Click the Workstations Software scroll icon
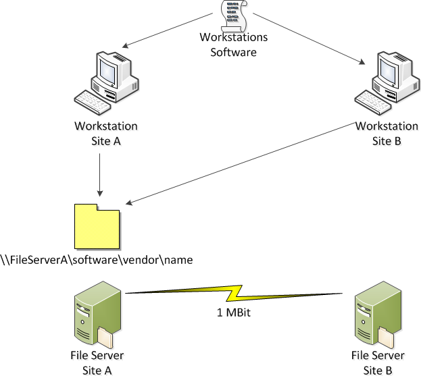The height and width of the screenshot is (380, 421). pos(233,15)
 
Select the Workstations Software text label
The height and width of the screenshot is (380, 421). pos(234,44)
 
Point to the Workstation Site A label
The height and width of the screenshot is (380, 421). pos(106,132)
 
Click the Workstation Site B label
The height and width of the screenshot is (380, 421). pos(387,132)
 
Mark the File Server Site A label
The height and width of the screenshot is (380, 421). pos(97,362)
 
